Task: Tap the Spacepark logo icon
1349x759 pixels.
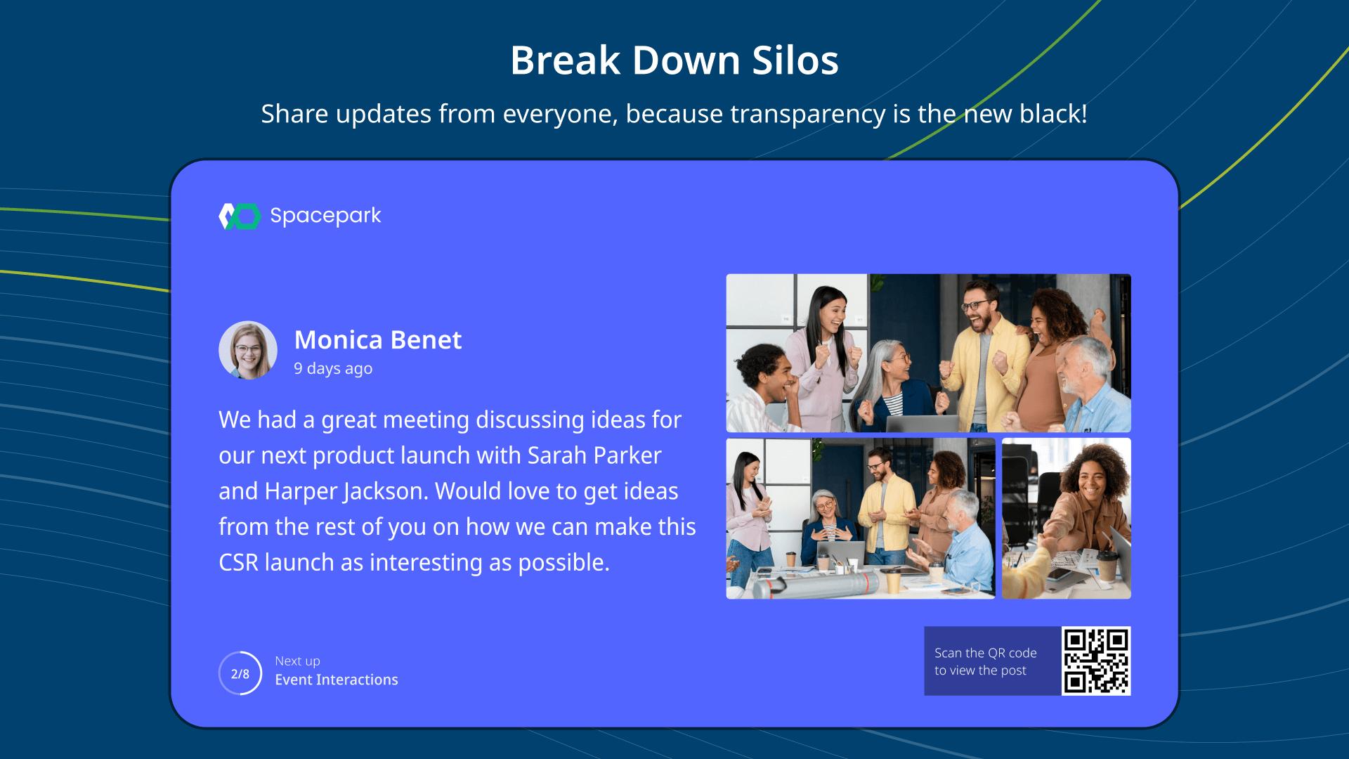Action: [240, 216]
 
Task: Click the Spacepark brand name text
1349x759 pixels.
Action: [325, 216]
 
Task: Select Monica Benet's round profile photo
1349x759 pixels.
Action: [248, 350]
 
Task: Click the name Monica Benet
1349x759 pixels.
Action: [378, 339]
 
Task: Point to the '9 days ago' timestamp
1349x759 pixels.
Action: [333, 368]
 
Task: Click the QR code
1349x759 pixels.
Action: [1096, 661]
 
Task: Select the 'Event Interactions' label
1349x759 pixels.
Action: [337, 680]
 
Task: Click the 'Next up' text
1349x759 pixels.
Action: [297, 661]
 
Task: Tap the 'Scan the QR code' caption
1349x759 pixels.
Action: [986, 653]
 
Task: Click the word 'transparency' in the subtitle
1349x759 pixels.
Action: [808, 114]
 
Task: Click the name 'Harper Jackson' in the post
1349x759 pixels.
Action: [346, 491]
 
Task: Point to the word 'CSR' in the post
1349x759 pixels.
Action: [238, 562]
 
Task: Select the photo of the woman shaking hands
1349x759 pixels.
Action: [1067, 519]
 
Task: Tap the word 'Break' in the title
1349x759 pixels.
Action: [566, 60]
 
